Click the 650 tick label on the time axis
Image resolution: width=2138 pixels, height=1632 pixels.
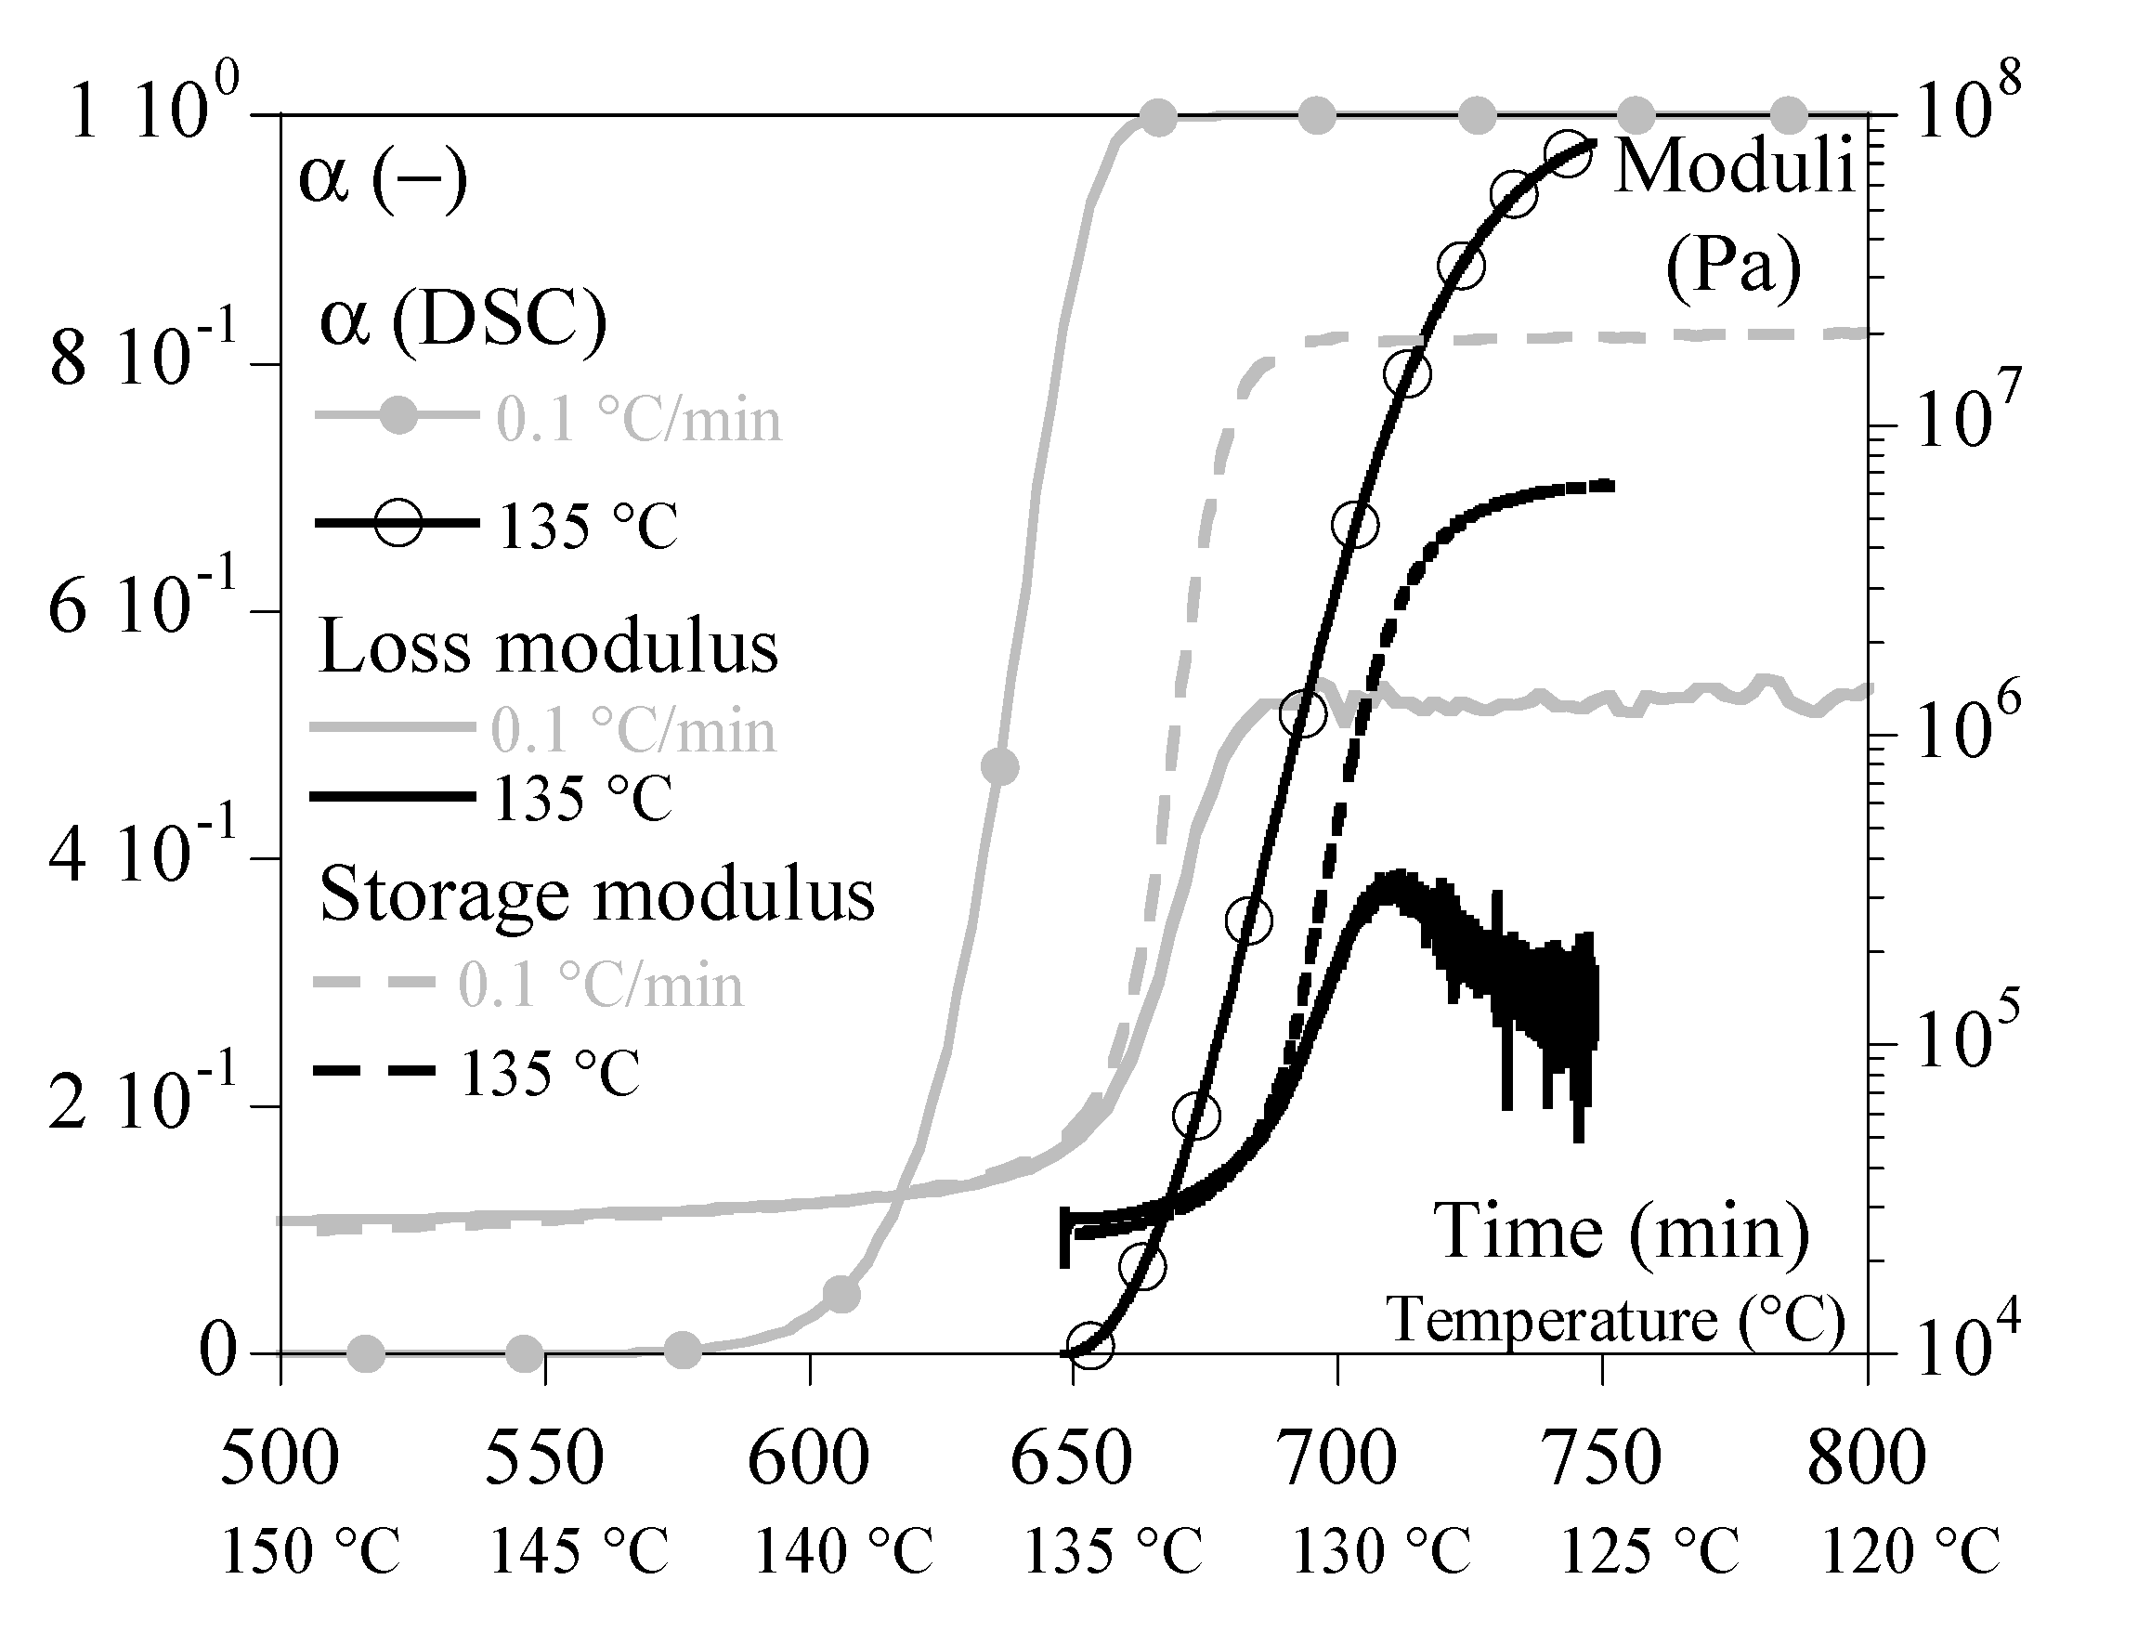1072,1459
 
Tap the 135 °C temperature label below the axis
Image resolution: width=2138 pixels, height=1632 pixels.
1115,1551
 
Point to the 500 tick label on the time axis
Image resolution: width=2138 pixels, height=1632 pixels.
280,1459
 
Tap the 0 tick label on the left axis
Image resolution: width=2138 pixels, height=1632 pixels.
218,1351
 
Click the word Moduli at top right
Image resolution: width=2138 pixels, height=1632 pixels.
1735,165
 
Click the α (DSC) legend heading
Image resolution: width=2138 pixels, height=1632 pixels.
463,321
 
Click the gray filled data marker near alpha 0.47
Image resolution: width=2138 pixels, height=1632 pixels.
999,766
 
